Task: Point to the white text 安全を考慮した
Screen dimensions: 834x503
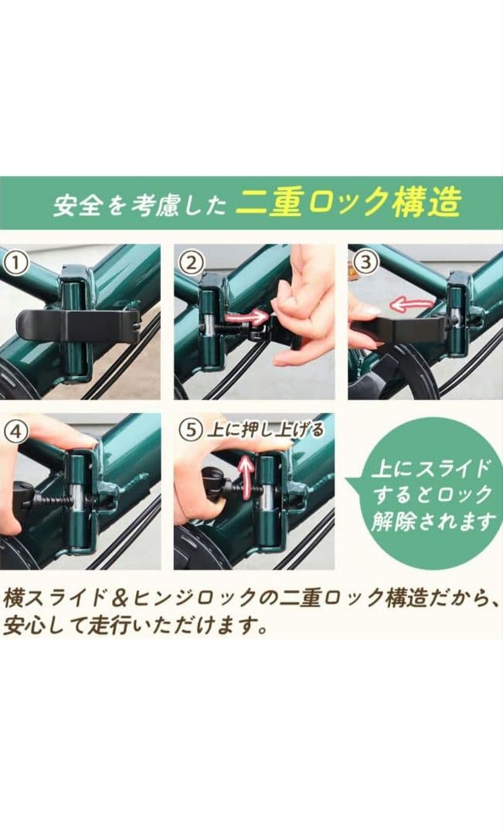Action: coord(139,205)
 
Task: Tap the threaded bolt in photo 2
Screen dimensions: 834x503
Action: coord(233,328)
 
